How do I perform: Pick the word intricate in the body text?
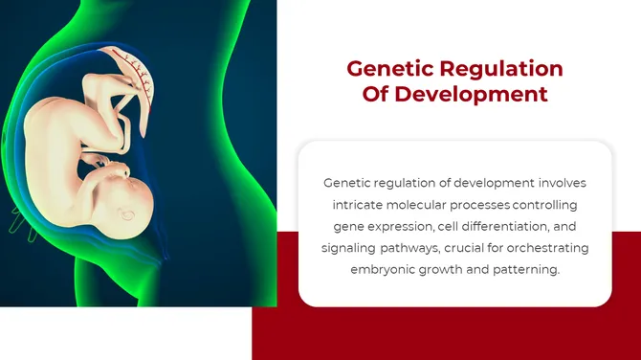358,204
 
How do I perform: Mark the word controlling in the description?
545,204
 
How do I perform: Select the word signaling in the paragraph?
350,248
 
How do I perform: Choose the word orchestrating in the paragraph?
547,248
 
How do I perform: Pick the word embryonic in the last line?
386,270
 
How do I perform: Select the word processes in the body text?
483,204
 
